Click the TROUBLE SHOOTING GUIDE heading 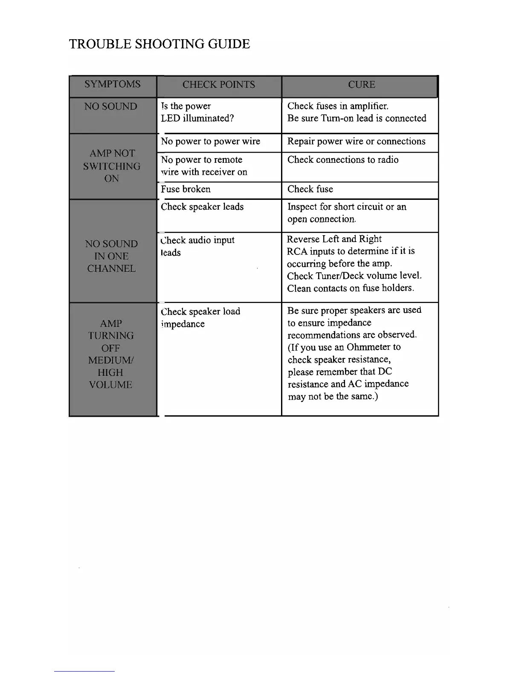(159, 44)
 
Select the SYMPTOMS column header (112, 84)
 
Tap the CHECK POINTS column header (218, 84)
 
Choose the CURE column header (361, 84)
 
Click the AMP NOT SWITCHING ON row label (112, 166)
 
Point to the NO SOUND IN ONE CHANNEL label (111, 256)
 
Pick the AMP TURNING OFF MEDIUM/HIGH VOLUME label (111, 354)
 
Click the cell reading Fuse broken (186, 189)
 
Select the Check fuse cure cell (310, 189)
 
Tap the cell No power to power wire (210, 141)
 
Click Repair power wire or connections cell (356, 141)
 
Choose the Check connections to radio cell (343, 160)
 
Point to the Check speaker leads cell (202, 207)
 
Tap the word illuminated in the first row (208, 118)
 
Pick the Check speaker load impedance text (200, 317)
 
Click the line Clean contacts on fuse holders (351, 288)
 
